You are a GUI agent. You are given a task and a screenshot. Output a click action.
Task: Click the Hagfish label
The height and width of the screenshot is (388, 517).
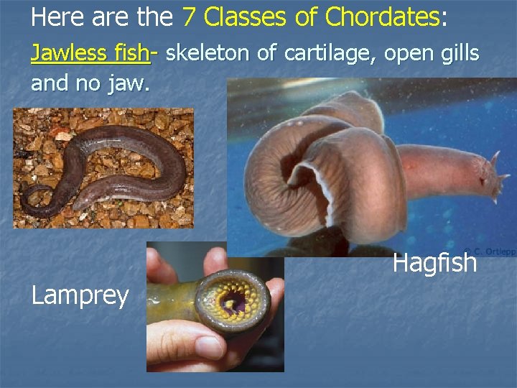434,263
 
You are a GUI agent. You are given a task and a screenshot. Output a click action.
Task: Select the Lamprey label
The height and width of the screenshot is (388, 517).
80,295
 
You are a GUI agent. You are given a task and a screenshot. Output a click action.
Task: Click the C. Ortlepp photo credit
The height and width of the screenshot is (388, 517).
488,251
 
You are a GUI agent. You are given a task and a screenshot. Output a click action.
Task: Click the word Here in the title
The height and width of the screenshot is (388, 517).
56,16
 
